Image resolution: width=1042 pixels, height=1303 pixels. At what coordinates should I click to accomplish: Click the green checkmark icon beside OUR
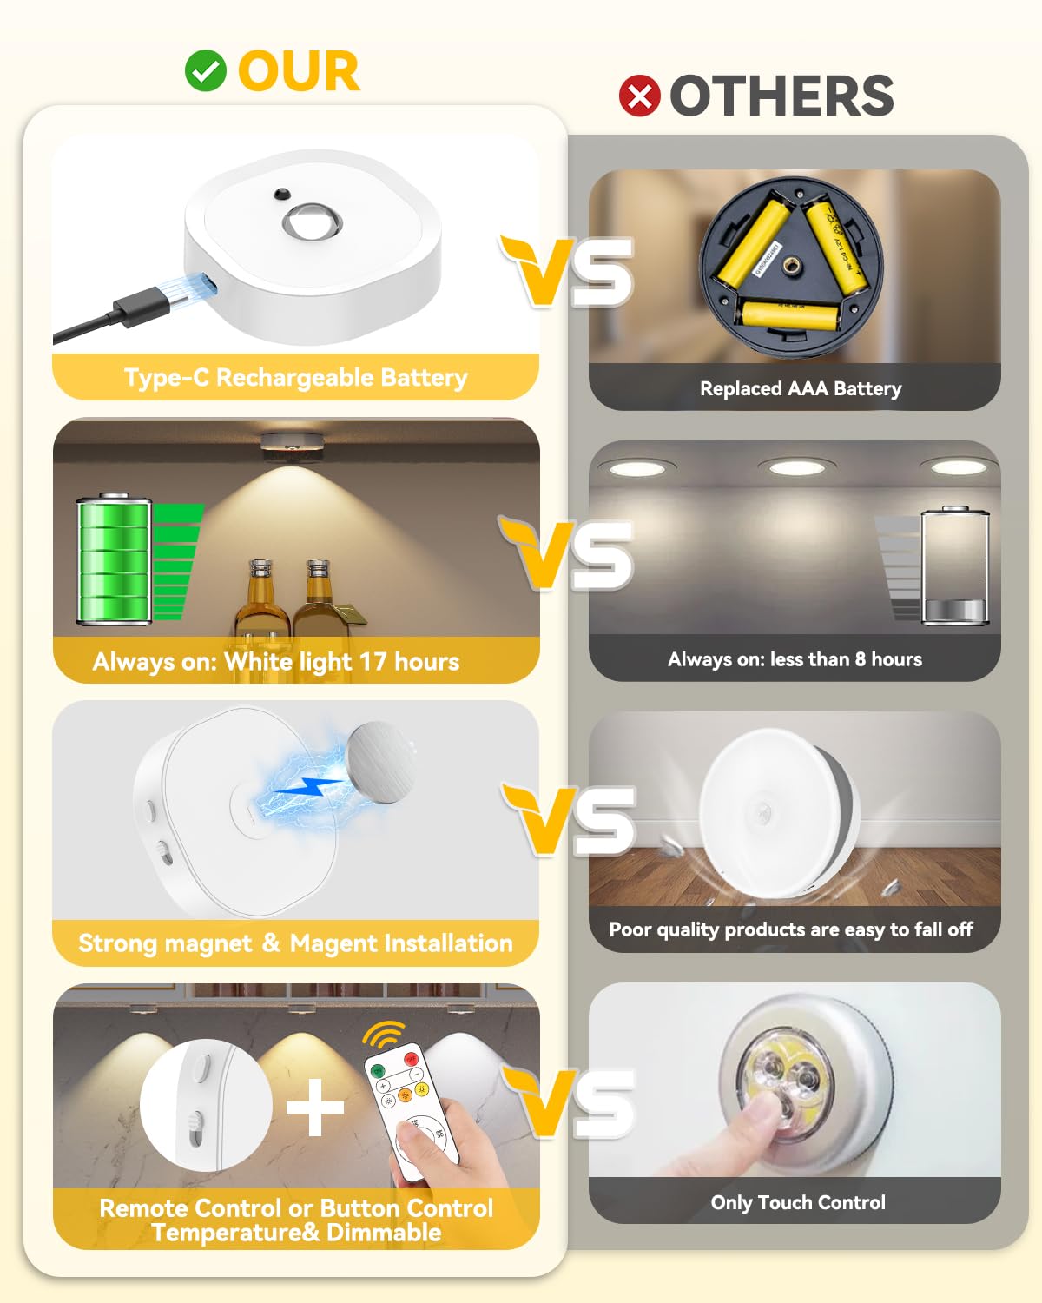tap(206, 71)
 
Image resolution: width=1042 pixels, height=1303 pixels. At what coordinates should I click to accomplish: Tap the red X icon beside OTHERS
tap(640, 96)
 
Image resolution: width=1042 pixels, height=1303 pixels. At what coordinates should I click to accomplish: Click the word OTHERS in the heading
tap(781, 96)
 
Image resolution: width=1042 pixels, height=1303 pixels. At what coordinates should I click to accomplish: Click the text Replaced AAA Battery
tap(801, 388)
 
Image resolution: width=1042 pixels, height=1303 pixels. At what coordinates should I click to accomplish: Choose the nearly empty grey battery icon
tap(954, 566)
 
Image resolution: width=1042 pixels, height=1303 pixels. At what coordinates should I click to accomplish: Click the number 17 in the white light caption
tap(373, 662)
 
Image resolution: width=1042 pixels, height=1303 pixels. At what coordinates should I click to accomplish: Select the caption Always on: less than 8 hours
tap(795, 659)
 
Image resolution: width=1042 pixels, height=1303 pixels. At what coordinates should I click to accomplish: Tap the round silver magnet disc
tap(379, 761)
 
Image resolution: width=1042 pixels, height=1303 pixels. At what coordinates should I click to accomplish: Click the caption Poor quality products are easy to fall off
tap(790, 929)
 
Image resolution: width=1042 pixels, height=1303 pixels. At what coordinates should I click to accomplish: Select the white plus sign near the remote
tap(314, 1107)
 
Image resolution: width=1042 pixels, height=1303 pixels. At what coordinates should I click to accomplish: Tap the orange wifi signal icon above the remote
tap(384, 1035)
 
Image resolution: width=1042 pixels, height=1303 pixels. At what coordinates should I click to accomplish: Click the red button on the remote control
tap(411, 1060)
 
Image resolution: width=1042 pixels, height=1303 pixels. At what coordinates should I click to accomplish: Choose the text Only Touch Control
tap(798, 1202)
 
